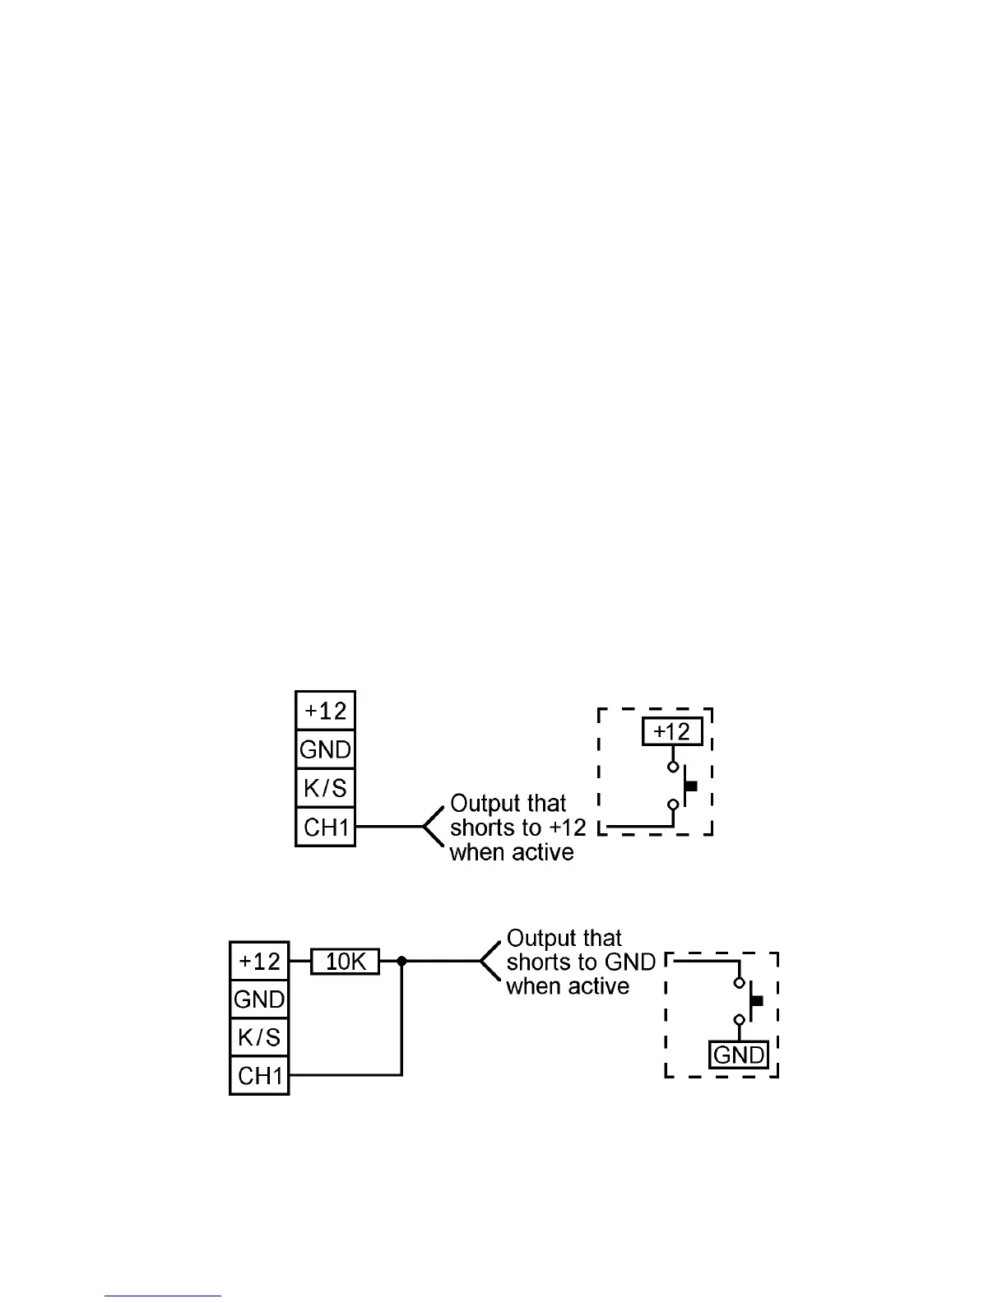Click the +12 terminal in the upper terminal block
[325, 711]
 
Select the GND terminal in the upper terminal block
[325, 749]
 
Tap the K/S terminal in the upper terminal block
[325, 788]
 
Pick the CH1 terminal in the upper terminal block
[325, 827]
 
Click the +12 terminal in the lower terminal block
[259, 961]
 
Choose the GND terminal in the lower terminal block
[259, 999]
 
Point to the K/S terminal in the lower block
[259, 1037]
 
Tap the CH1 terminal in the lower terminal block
[259, 1075]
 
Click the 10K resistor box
[346, 961]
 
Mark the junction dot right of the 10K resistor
[401, 961]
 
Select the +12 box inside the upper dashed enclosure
[672, 731]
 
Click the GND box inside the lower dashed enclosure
[739, 1055]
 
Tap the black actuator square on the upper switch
[691, 786]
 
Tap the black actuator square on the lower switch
[758, 1001]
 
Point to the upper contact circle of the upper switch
[673, 767]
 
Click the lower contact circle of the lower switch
[739, 1020]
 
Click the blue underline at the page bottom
[163, 1296]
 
